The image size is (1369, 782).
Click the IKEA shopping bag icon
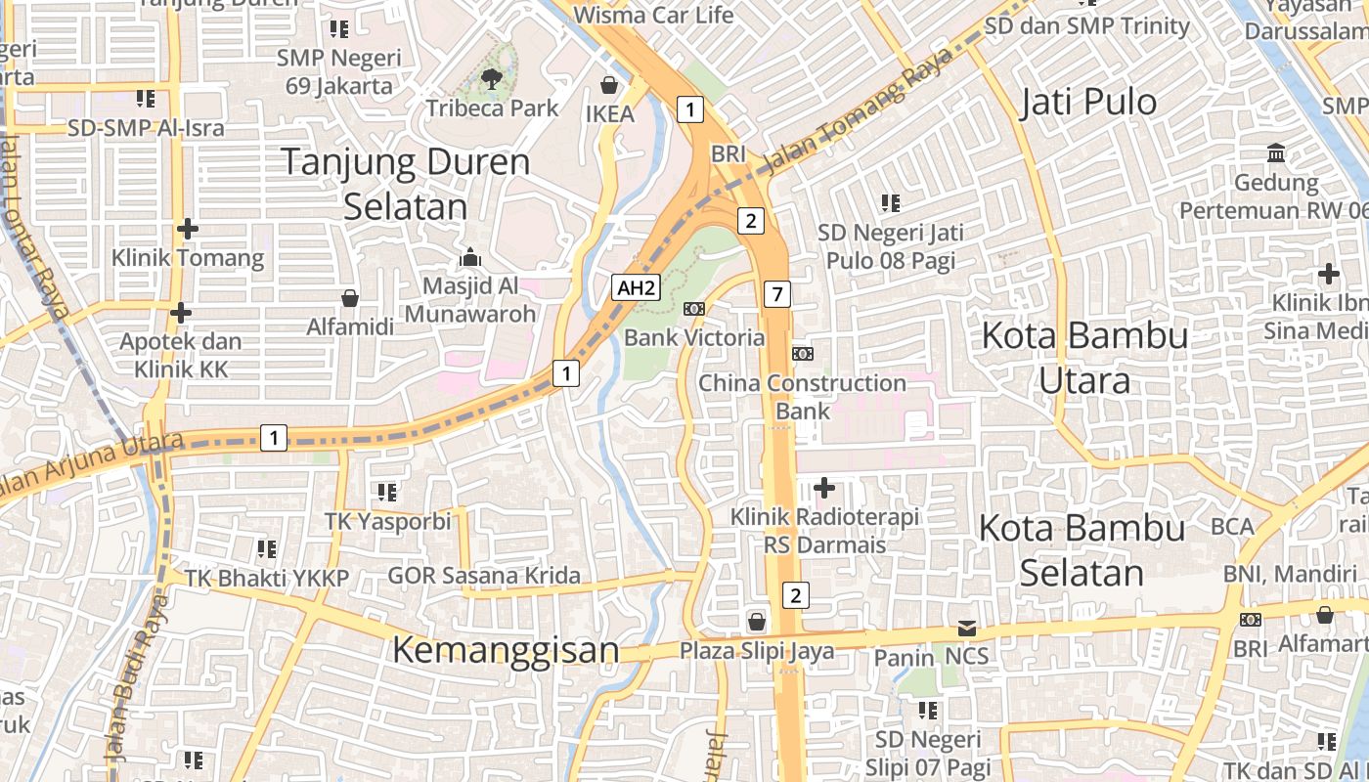tap(609, 85)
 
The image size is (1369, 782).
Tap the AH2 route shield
tap(636, 287)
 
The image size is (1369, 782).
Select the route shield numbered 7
tap(776, 293)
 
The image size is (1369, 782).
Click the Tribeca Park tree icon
tap(491, 78)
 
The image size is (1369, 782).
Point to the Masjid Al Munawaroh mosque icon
tap(470, 257)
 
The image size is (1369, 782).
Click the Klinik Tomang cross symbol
tap(187, 230)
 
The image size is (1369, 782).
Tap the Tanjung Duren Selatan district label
tap(406, 183)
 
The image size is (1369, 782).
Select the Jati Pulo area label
tap(1087, 102)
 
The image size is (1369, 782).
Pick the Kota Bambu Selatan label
tap(1082, 550)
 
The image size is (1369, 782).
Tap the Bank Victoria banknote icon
tap(694, 309)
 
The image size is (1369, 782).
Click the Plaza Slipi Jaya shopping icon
tap(756, 622)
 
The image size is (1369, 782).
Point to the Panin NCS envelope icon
tap(966, 629)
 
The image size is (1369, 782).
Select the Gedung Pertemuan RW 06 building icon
tap(1276, 153)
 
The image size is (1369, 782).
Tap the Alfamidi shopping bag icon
tap(349, 298)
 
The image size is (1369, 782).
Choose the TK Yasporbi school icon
tap(386, 492)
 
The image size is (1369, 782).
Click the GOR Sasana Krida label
tap(484, 575)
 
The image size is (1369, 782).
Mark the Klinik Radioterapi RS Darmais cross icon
tap(824, 487)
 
